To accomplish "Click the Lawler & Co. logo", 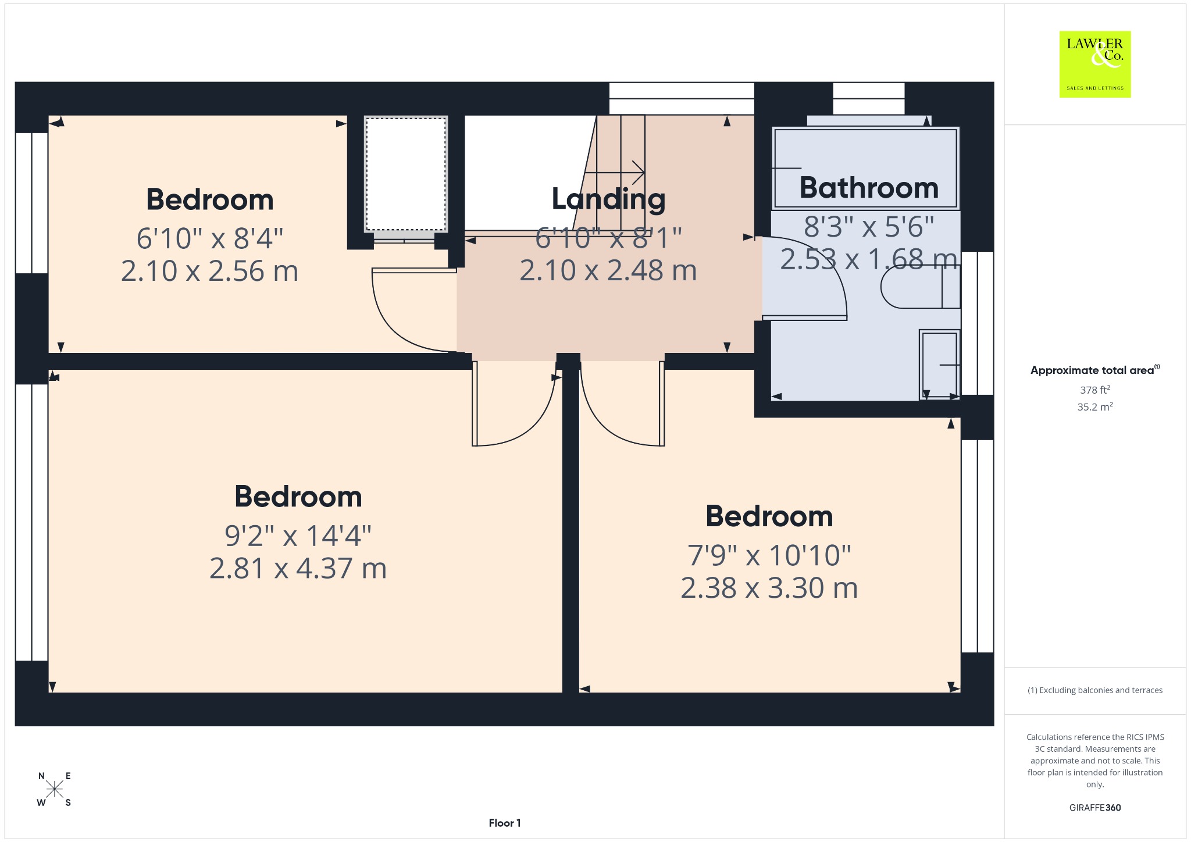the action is pos(1094,64).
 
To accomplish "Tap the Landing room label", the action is pos(608,199).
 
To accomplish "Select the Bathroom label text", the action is pos(869,188).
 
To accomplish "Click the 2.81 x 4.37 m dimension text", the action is pos(298,568).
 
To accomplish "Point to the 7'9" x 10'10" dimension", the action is pos(769,555).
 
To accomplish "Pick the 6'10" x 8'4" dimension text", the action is pos(209,238).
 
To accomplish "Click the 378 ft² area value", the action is pos(1094,390).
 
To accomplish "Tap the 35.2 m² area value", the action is pos(1094,406).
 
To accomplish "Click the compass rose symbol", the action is pos(55,789).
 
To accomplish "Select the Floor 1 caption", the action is pos(505,823).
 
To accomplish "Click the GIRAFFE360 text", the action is pos(1094,808).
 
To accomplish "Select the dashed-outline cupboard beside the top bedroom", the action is pos(406,174).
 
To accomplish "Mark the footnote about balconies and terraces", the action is pos(1094,690).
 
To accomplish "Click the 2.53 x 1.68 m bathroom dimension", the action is pos(869,259).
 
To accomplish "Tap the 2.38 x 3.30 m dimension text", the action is pos(769,588).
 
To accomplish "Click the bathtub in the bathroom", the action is pos(865,168).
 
